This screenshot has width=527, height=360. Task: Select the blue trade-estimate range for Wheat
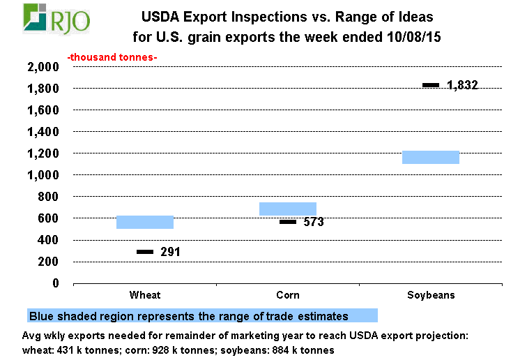145,222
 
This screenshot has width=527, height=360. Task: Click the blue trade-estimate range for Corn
288,209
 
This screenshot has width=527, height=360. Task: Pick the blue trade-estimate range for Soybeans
431,157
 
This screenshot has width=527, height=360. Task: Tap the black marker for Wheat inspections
145,251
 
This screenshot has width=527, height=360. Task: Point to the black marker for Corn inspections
288,222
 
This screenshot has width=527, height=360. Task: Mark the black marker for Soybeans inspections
431,85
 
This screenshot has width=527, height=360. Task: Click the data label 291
170,252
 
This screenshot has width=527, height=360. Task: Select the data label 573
313,223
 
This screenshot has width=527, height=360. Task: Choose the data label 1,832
462,86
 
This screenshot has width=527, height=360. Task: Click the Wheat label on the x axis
145,295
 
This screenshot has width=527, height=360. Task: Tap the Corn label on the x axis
288,295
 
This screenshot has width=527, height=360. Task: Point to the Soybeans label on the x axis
431,295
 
